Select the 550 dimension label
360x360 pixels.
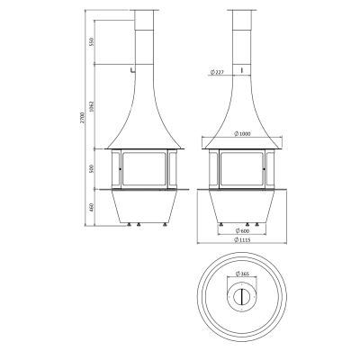coord(92,41)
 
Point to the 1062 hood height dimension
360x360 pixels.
coord(92,106)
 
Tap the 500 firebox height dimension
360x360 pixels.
coord(92,168)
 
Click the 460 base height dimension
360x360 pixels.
coord(92,207)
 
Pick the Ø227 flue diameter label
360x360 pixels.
coord(218,72)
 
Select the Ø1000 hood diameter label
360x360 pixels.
coord(242,134)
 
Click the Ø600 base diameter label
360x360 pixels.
coord(242,230)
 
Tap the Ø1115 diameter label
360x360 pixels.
coord(242,239)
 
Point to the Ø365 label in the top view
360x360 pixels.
coord(242,274)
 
